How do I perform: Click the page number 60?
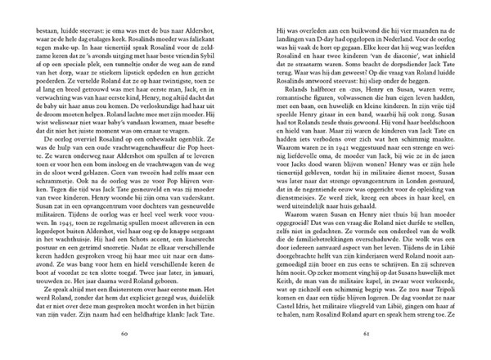pos(124,335)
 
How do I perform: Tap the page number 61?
pos(367,335)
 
